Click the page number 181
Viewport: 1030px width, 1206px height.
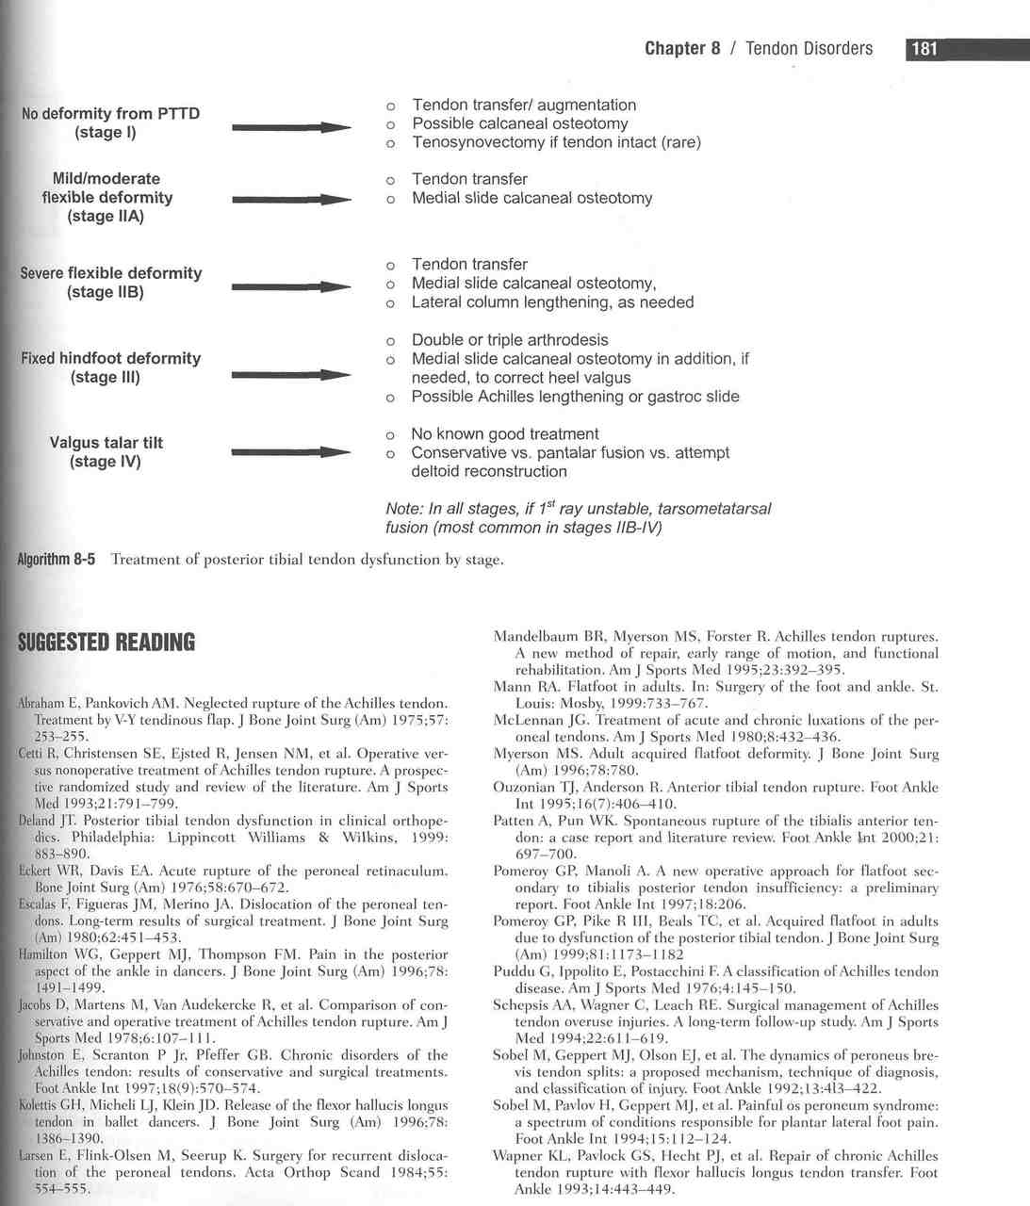(924, 49)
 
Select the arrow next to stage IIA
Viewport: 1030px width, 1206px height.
(291, 200)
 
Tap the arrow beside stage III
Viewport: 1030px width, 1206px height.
(291, 375)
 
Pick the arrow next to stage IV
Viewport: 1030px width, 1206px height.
(291, 453)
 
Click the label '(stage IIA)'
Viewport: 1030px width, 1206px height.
(106, 217)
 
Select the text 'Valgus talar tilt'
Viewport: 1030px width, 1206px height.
(105, 443)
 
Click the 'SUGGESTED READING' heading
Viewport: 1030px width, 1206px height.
(106, 644)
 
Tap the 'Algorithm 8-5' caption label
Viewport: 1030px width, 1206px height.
(57, 560)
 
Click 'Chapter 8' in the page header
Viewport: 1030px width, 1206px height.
(681, 49)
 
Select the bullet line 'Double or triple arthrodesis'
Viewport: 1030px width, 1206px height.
(510, 340)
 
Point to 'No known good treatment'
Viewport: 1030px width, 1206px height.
(504, 434)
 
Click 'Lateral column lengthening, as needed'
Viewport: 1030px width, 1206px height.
(552, 302)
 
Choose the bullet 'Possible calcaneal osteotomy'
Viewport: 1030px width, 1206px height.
(519, 123)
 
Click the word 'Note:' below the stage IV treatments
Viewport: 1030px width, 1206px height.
(403, 510)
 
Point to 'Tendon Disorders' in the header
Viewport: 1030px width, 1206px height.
(809, 49)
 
